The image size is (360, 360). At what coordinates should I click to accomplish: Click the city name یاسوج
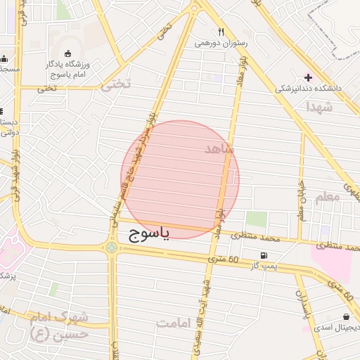(x=149, y=236)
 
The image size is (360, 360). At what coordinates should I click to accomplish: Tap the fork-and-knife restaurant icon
(x=221, y=32)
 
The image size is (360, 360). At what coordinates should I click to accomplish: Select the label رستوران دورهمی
(x=221, y=43)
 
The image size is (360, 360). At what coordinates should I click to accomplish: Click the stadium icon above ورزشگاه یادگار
(x=67, y=53)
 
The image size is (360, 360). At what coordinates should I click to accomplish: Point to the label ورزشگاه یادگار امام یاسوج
(x=70, y=69)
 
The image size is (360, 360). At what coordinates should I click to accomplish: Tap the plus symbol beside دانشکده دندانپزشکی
(x=307, y=77)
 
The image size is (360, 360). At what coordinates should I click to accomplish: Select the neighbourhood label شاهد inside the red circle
(x=218, y=149)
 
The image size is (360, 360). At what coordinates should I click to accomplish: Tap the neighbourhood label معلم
(x=328, y=197)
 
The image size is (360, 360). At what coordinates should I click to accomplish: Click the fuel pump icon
(x=263, y=255)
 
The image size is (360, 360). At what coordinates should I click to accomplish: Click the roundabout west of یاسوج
(x=112, y=247)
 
